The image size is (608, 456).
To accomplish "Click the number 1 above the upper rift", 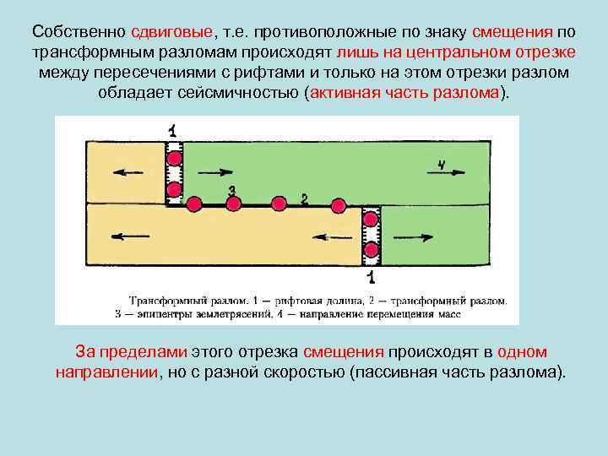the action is click(x=173, y=130).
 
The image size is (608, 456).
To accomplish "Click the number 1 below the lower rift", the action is click(x=371, y=277).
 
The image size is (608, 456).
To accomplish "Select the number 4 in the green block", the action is click(x=442, y=164).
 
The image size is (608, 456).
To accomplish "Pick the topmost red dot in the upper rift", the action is click(x=174, y=158).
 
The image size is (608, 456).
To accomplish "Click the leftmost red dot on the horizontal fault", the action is click(x=193, y=204).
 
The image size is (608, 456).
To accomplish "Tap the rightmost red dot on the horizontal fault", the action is click(x=339, y=204).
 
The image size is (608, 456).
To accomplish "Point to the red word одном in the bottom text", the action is click(x=523, y=351).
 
